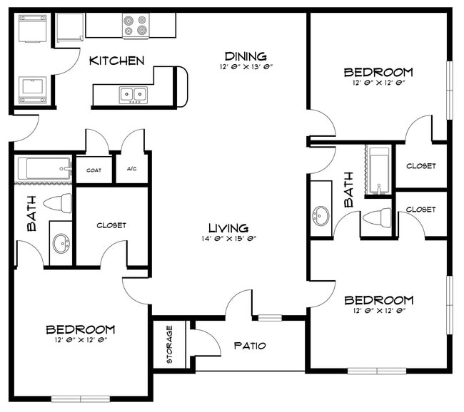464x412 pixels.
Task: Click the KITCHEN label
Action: [116, 61]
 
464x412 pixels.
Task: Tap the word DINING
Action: [246, 56]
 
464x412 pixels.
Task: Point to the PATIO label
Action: [250, 346]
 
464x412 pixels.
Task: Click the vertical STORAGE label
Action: [169, 345]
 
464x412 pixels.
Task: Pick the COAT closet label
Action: [94, 170]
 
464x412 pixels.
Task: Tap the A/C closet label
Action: [132, 170]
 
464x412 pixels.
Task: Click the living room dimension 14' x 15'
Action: [228, 240]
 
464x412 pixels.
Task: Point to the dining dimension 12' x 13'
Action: [246, 67]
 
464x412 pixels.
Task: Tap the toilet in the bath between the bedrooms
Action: [378, 217]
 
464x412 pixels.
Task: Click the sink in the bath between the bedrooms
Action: [321, 215]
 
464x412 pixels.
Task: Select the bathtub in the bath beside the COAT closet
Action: [44, 170]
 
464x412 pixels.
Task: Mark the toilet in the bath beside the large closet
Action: [57, 203]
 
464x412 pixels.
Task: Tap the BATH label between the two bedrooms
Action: [349, 189]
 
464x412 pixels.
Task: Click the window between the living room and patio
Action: [269, 318]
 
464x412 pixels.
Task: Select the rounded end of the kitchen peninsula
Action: [181, 87]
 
